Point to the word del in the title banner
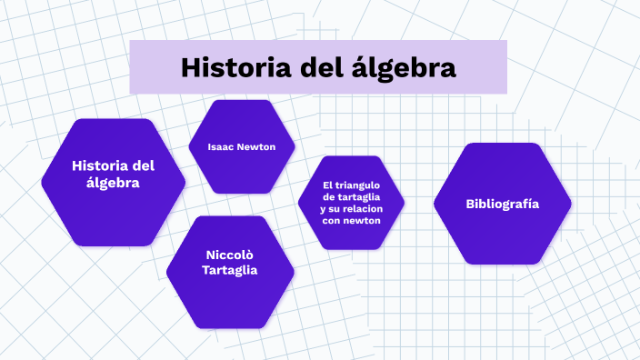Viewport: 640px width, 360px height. coord(323,67)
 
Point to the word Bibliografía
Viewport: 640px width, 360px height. coord(502,204)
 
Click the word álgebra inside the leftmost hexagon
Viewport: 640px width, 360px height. coord(114,183)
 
